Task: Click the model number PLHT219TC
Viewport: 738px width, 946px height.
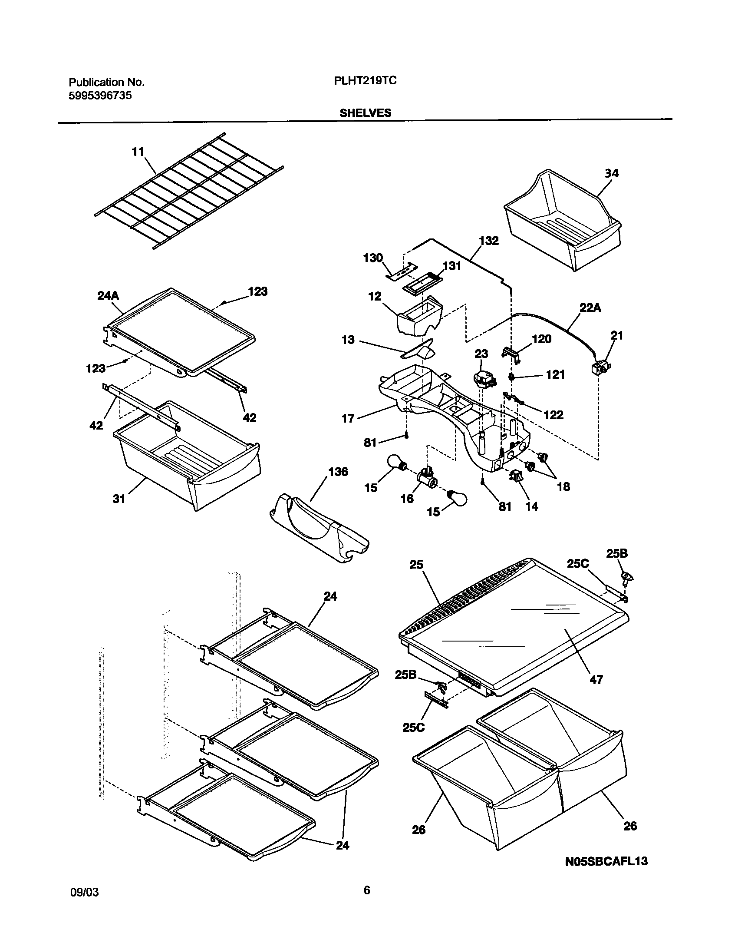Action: (x=365, y=81)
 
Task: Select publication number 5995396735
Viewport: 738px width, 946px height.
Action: (x=100, y=96)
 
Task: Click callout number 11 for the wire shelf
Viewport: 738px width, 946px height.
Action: (x=138, y=152)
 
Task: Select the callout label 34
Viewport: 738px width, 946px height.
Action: (x=612, y=173)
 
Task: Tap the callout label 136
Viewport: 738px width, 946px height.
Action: (x=338, y=471)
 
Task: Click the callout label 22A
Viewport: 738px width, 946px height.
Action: (x=591, y=308)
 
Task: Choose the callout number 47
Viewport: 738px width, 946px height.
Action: (x=596, y=679)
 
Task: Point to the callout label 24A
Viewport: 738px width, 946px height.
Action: (x=108, y=296)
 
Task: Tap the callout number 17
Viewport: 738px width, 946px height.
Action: (x=348, y=418)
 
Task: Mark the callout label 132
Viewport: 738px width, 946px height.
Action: (x=489, y=241)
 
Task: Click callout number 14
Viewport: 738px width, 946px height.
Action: (x=531, y=506)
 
